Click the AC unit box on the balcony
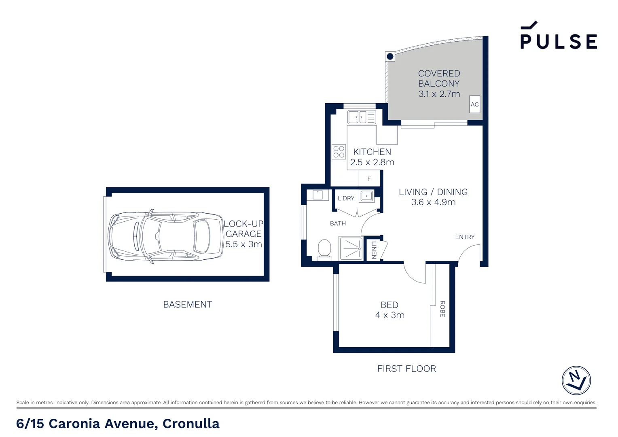tap(474, 104)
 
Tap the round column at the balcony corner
tap(390, 57)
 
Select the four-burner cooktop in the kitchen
tap(339, 152)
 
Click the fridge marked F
tap(369, 178)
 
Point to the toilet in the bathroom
tap(324, 250)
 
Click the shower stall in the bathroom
tap(351, 248)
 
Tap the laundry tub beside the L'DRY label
tap(367, 196)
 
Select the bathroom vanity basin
tap(317, 195)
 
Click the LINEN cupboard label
tap(374, 250)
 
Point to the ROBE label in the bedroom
tap(442, 309)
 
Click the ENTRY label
tap(465, 237)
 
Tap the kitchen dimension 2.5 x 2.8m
tap(372, 162)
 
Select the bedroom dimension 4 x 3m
tap(389, 315)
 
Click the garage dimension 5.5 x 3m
tap(243, 244)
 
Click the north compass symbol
tap(576, 380)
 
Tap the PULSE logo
tap(559, 35)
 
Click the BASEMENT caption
tap(188, 305)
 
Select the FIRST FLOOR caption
tap(406, 369)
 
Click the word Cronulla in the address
tap(191, 424)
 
